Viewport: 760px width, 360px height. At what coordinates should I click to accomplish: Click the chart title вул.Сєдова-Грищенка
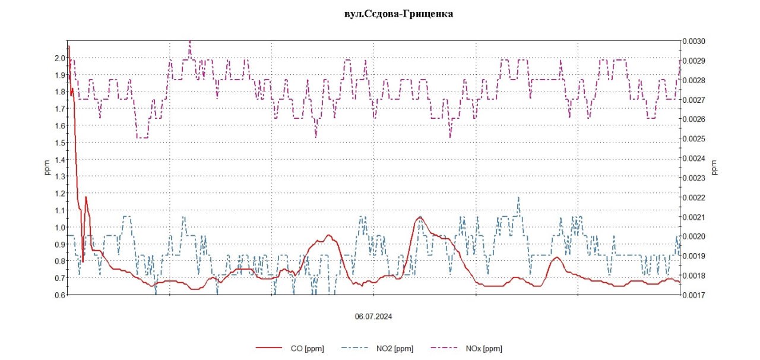[x=398, y=14]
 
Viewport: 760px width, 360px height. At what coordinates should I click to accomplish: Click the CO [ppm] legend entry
[x=307, y=349]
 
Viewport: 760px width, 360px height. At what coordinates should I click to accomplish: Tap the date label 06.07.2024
[x=373, y=317]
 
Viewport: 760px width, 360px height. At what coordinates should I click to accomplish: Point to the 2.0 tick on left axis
[x=59, y=58]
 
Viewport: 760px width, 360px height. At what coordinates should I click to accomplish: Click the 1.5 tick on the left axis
[x=59, y=143]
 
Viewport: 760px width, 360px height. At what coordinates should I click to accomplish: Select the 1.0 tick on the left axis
[x=59, y=228]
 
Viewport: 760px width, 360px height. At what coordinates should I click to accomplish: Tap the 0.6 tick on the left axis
[x=59, y=295]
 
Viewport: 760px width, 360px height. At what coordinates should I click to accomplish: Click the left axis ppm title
[x=47, y=168]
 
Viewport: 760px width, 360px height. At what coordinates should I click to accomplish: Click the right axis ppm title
[x=714, y=168]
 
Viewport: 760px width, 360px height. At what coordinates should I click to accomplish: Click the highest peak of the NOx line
[x=190, y=42]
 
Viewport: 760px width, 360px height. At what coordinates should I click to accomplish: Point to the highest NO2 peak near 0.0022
[x=518, y=197]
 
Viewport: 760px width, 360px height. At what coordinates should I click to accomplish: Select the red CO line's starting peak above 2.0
[x=69, y=46]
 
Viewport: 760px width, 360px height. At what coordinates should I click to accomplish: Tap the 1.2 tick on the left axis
[x=59, y=194]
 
